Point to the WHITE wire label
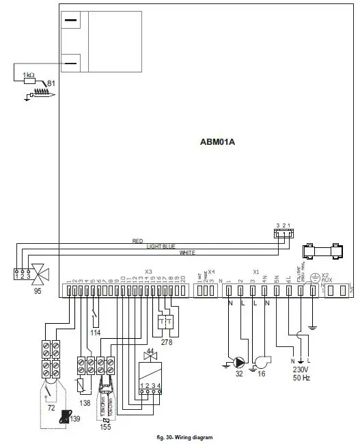coord(186,253)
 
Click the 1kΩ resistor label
coord(29,73)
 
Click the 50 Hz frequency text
coord(301,378)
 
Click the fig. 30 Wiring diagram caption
coord(180,436)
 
